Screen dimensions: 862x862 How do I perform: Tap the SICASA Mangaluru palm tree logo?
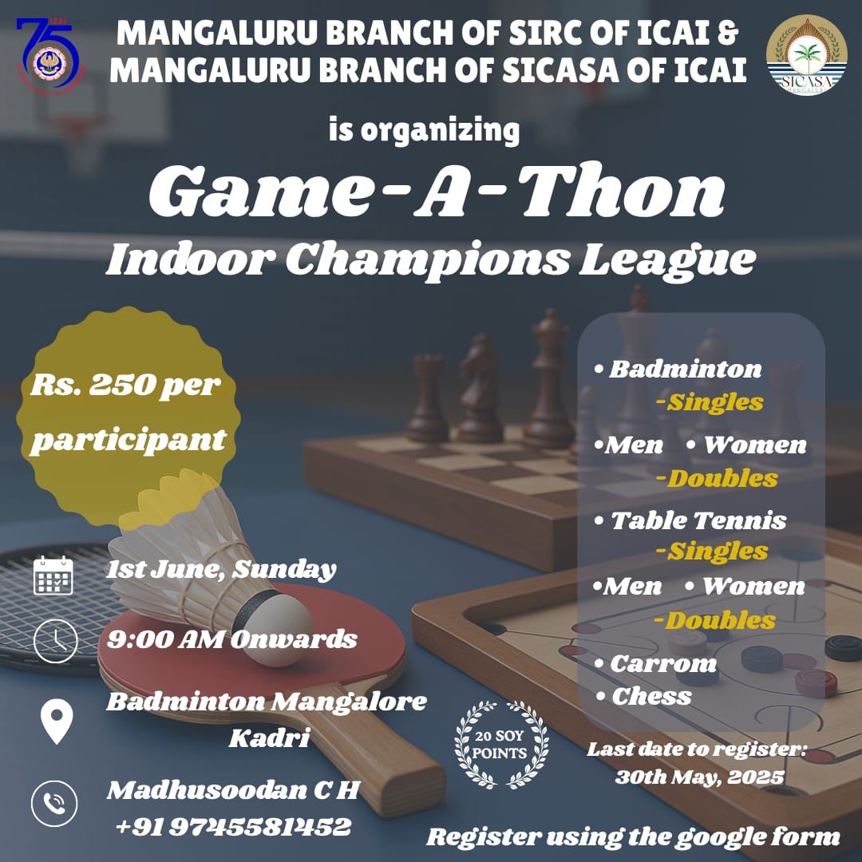click(806, 55)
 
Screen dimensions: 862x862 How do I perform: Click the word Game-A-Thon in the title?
click(437, 191)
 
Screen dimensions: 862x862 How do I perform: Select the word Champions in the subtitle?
click(426, 260)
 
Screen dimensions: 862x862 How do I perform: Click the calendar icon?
click(53, 575)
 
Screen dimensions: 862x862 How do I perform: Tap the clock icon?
click(56, 641)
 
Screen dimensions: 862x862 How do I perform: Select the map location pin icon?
click(57, 722)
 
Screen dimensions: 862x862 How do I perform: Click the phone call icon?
click(54, 804)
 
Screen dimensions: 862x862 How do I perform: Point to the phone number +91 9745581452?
click(233, 826)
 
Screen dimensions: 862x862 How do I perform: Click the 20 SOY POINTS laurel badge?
click(501, 745)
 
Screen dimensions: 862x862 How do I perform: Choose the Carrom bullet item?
click(656, 663)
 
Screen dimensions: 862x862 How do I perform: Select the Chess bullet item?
click(644, 697)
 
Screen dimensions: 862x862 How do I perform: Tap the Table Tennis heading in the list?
click(691, 520)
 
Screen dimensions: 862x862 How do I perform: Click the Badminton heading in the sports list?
click(678, 370)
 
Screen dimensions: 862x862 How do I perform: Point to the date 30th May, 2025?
click(700, 777)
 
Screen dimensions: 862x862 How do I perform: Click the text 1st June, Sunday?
click(221, 570)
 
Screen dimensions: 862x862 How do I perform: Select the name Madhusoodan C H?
click(234, 790)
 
